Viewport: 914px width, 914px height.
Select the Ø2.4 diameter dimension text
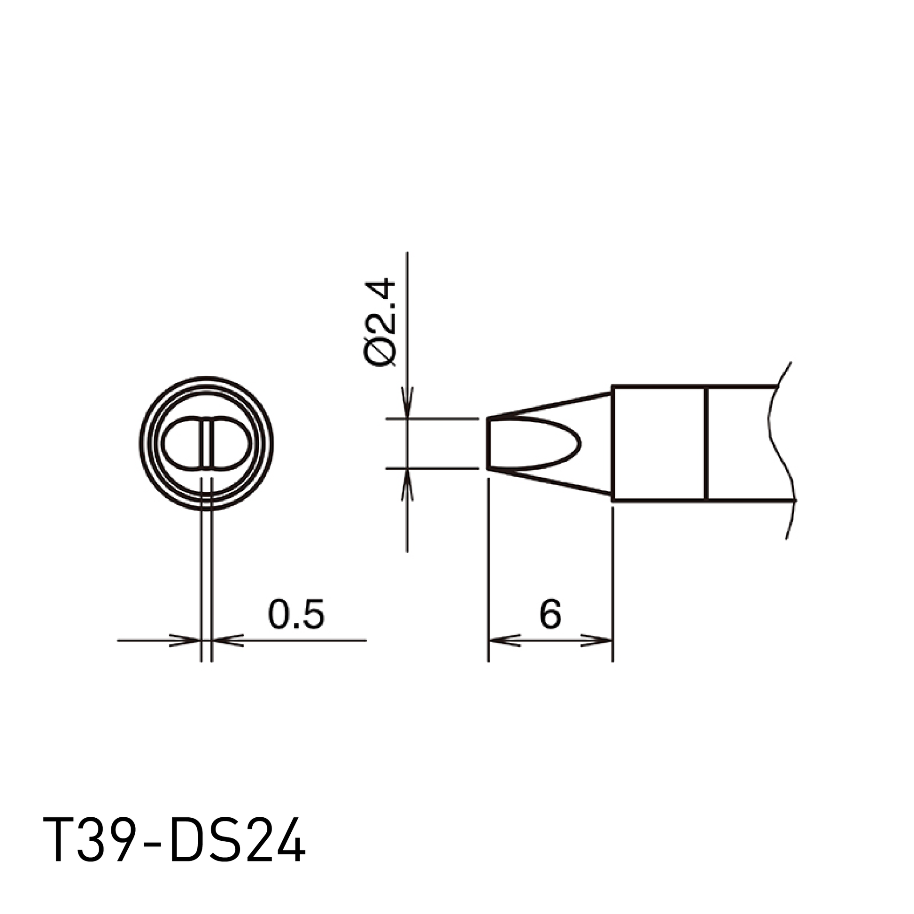tap(380, 322)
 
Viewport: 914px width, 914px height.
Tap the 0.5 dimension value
tap(296, 613)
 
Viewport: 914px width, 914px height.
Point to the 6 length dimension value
tap(550, 613)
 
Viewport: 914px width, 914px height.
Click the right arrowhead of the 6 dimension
tap(596, 640)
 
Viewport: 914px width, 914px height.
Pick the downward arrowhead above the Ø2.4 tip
tap(407, 403)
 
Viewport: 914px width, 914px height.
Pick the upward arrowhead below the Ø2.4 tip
tap(407, 484)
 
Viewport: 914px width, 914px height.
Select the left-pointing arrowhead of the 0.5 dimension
tap(227, 640)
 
